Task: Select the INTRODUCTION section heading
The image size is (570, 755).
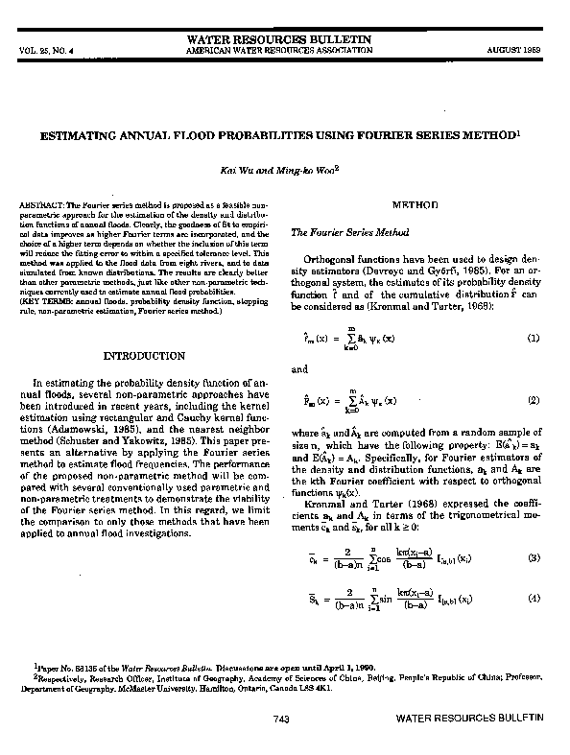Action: tap(144, 356)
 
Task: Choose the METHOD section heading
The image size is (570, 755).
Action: tap(415, 205)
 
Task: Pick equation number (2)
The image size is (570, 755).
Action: tap(534, 399)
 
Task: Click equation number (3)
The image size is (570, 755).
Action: tap(534, 557)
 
